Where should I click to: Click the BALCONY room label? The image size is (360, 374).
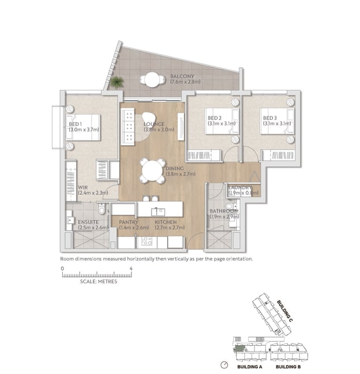coord(182,77)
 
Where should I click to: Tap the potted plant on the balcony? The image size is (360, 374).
coord(117,82)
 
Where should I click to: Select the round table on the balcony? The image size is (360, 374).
coord(152,79)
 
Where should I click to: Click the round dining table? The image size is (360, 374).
coord(152,171)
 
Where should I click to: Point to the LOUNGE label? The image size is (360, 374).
coord(154,124)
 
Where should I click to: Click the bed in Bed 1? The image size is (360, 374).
coord(83,127)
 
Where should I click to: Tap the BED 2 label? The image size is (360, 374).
coord(214,118)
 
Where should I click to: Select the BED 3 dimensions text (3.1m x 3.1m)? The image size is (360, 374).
coord(277,124)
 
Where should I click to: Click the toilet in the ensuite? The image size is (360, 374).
coord(102,209)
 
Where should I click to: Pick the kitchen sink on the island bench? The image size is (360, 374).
coord(158,211)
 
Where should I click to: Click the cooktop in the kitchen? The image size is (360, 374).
coord(146,241)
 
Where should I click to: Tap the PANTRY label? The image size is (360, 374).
coord(128,222)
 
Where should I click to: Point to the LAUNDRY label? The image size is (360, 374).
coord(240,188)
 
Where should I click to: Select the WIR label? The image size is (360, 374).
coord(83,188)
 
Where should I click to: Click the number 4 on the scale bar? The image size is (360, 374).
coord(131,268)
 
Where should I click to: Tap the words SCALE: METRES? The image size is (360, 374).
coord(98,281)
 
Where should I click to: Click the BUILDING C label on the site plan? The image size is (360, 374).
coord(285,311)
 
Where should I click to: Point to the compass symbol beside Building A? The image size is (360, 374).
coord(224,365)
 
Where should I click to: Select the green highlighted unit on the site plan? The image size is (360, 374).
coord(240,349)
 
